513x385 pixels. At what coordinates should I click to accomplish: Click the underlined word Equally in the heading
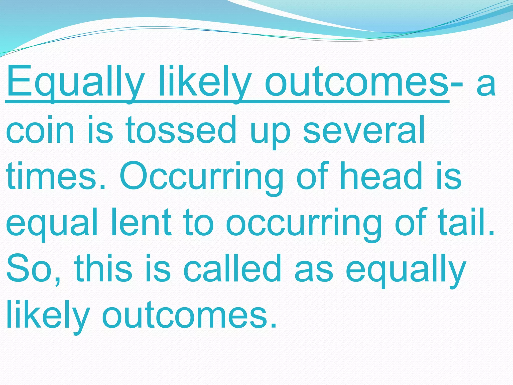(x=75, y=83)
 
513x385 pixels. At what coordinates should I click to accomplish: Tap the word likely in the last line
(x=48, y=316)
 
